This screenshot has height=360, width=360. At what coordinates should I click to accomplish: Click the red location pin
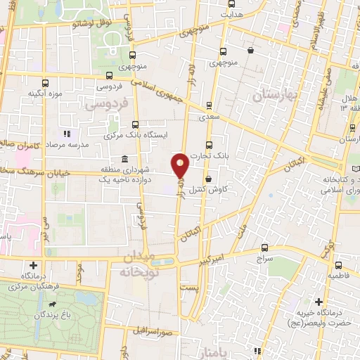point(181,165)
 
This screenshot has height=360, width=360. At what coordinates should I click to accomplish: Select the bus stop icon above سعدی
point(209,105)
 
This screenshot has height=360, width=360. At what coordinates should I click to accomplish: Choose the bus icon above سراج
point(264,247)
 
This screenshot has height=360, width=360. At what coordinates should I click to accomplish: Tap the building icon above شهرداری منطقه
point(124,158)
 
